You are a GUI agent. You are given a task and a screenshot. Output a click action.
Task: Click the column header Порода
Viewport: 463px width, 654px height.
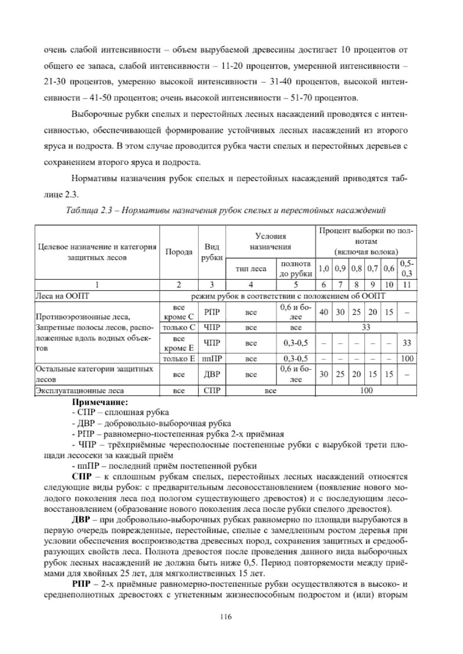[179, 252]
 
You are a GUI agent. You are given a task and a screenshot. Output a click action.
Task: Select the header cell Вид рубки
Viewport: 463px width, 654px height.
[212, 252]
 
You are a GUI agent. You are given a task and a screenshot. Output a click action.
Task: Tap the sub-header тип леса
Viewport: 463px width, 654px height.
[251, 269]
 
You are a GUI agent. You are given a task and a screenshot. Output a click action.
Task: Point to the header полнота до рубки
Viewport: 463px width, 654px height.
[296, 269]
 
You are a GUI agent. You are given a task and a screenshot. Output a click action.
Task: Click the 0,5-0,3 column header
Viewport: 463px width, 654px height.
[407, 269]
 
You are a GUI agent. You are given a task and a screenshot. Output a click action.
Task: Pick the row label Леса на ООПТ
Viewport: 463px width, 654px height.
[62, 296]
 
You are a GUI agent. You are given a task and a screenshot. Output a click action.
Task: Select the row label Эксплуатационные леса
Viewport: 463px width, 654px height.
[80, 391]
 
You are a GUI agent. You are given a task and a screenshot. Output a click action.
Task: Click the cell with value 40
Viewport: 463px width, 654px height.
[324, 312]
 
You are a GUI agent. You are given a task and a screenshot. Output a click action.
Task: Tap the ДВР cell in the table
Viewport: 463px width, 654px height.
[212, 374]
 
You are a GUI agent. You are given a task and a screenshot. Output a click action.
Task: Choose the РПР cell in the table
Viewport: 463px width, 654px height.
[212, 312]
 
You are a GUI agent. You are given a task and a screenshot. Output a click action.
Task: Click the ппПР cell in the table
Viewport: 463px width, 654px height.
[212, 359]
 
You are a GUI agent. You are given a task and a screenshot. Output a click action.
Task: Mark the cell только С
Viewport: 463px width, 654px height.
[179, 328]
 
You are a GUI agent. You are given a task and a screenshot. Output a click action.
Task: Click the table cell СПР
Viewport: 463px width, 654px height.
[212, 391]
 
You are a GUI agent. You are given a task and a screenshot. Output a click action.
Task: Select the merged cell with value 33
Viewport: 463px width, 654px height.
[366, 328]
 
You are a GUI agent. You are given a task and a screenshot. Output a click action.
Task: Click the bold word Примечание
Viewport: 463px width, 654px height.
[100, 403]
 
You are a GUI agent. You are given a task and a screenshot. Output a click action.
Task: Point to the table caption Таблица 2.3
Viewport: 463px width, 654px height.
[226, 211]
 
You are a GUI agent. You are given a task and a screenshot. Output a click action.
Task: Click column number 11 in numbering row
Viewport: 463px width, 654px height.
[407, 285]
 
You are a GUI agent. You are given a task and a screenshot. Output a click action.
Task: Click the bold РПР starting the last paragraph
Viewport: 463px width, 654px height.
[81, 585]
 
